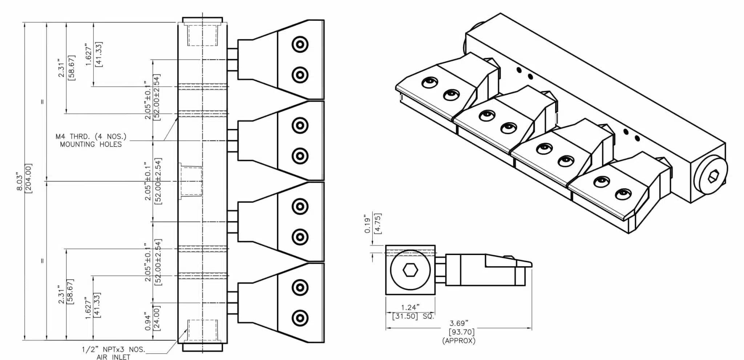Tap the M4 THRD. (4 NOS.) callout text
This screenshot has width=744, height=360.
pyautogui.click(x=91, y=137)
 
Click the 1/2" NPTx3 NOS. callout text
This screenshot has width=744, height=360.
pyautogui.click(x=113, y=349)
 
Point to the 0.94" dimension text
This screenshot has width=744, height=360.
pyautogui.click(x=148, y=321)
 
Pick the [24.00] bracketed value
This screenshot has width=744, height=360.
pyautogui.click(x=157, y=317)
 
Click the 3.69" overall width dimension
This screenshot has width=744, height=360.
pyautogui.click(x=459, y=323)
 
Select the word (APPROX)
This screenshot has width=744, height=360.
pyautogui.click(x=459, y=341)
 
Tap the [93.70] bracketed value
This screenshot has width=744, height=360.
pyautogui.click(x=461, y=332)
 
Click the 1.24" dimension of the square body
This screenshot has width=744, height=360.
pyautogui.click(x=410, y=308)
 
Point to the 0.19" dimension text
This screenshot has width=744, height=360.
pyautogui.click(x=368, y=225)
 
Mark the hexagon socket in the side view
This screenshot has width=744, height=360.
pyautogui.click(x=410, y=270)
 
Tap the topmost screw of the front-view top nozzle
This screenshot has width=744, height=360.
pyautogui.click(x=300, y=45)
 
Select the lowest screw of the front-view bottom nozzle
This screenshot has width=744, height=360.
pyautogui.click(x=300, y=318)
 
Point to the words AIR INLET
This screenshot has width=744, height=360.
pyautogui.click(x=113, y=357)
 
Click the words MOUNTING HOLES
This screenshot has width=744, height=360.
pyautogui.click(x=91, y=145)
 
